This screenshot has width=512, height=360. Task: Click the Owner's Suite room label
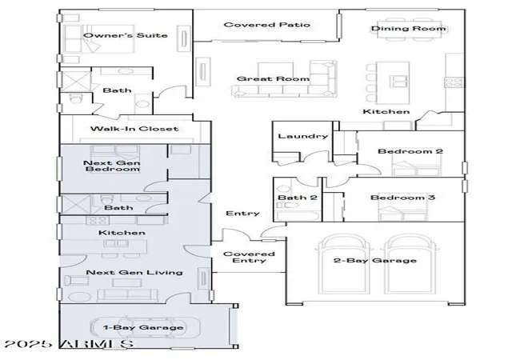[126, 35]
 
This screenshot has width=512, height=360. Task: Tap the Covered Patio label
[266, 25]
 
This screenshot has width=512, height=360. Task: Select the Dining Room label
[409, 29]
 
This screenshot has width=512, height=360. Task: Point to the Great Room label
[273, 78]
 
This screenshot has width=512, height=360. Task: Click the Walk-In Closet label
[134, 129]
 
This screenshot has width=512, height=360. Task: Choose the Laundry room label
[302, 136]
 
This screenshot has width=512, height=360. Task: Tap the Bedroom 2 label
[410, 151]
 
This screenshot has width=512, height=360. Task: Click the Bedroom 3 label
[402, 198]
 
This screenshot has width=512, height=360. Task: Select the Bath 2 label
[297, 198]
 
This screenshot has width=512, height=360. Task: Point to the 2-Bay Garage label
[375, 260]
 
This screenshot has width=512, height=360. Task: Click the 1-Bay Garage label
[143, 327]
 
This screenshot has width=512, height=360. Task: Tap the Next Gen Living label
[134, 272]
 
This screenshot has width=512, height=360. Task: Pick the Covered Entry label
[249, 257]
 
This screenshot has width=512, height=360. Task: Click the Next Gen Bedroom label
[112, 166]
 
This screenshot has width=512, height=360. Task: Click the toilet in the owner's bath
[74, 98]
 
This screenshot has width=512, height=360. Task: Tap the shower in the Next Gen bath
[75, 205]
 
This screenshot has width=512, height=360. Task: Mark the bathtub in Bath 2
[298, 217]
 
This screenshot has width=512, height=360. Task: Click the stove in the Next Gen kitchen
[98, 220]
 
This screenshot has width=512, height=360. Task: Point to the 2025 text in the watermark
[28, 344]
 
